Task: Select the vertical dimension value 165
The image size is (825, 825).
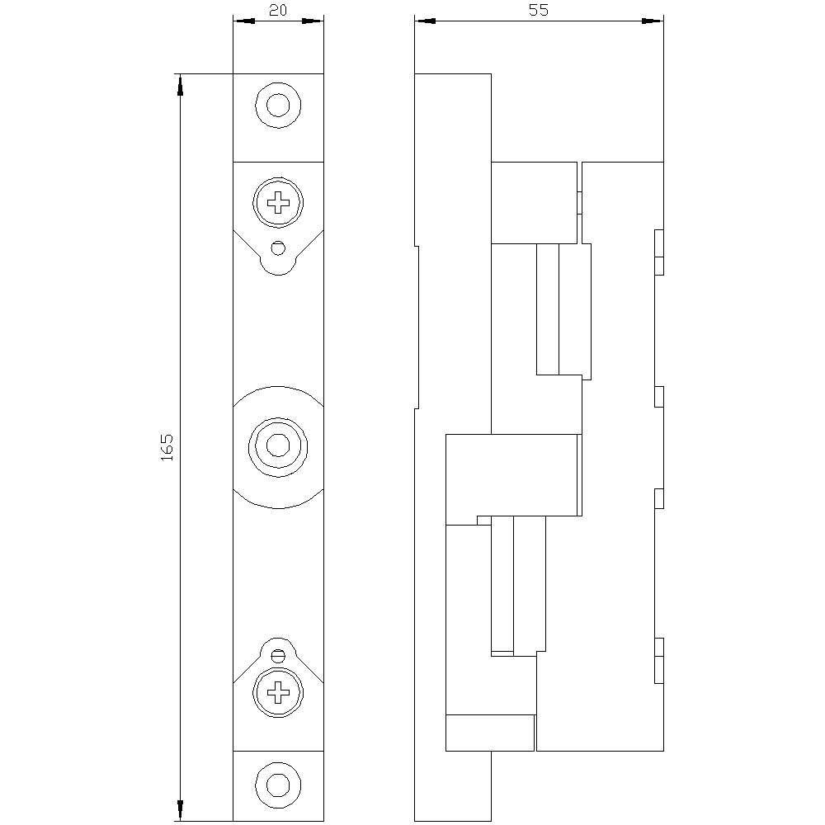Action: pyautogui.click(x=167, y=447)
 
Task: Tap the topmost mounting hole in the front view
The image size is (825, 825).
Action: pyautogui.click(x=279, y=106)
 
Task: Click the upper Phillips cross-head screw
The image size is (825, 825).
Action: pyautogui.click(x=279, y=201)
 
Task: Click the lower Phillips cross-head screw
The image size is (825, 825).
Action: pyautogui.click(x=279, y=692)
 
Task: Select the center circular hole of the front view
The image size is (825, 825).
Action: pyautogui.click(x=279, y=446)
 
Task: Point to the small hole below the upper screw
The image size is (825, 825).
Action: pyautogui.click(x=279, y=247)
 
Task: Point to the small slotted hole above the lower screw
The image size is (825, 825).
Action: pyautogui.click(x=279, y=655)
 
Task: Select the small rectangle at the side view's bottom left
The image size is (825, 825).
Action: pyautogui.click(x=489, y=733)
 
